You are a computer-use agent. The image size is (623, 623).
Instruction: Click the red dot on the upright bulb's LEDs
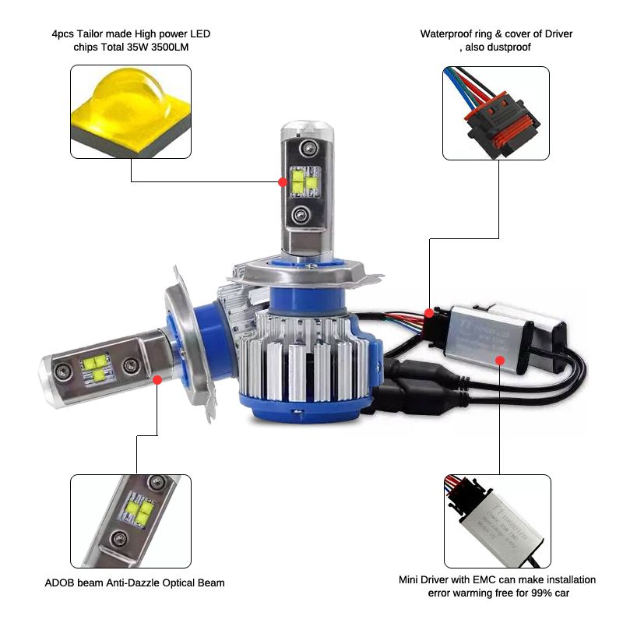point(282,181)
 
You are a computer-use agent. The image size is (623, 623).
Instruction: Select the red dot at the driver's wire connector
point(429,313)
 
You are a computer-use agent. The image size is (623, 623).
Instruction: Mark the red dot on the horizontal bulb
point(157,380)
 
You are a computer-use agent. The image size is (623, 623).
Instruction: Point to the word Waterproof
point(446,34)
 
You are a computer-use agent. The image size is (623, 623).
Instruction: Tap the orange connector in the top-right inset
point(495,125)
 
